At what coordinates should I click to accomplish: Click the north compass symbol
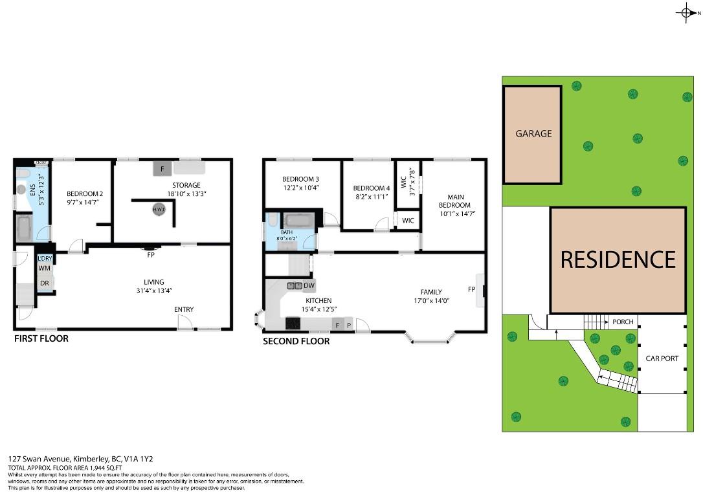tap(686, 13)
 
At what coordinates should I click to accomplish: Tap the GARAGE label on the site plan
tap(533, 134)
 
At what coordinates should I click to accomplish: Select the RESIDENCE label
tap(618, 260)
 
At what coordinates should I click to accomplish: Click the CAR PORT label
tap(662, 358)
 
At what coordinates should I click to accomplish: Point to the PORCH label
tap(623, 322)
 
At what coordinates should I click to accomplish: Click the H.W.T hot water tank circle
tap(158, 210)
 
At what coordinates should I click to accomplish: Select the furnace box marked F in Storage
tap(162, 169)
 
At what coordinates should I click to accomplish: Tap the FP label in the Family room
tap(471, 289)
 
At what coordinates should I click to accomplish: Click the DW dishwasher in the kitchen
tap(309, 285)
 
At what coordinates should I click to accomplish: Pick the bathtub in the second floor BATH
tap(298, 221)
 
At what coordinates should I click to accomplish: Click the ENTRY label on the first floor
tap(184, 309)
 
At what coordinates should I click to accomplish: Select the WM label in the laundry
tap(44, 268)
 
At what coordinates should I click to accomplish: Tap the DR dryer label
tap(44, 283)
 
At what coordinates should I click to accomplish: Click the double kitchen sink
tap(294, 285)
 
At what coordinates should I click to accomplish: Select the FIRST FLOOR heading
tap(41, 338)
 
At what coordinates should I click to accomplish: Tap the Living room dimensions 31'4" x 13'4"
tap(154, 291)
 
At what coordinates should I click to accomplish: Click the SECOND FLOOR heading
tap(296, 341)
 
